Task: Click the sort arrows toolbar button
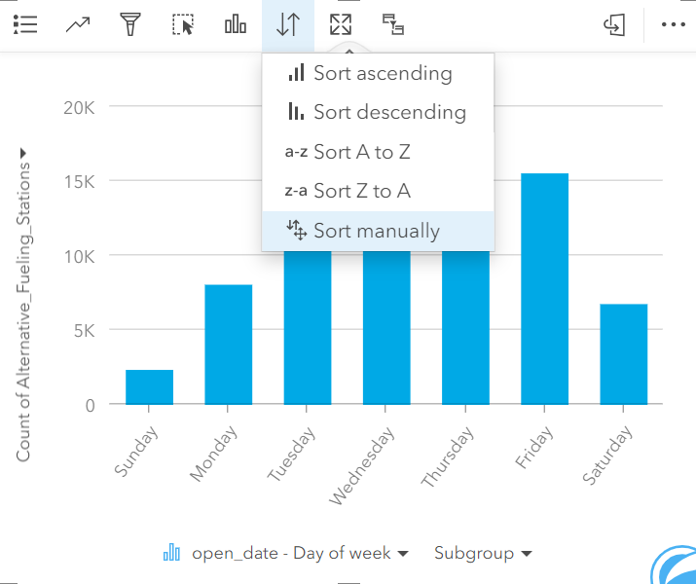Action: (x=288, y=25)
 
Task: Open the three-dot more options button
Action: (x=673, y=25)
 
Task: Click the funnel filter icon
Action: (x=129, y=25)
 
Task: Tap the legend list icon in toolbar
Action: (x=25, y=25)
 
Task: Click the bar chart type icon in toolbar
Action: (x=236, y=25)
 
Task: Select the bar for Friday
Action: (x=544, y=288)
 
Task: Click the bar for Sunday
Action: (x=149, y=386)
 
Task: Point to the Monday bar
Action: (x=228, y=344)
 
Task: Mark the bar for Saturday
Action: (x=623, y=353)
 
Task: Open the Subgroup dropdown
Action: (x=483, y=553)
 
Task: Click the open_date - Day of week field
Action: (x=290, y=553)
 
